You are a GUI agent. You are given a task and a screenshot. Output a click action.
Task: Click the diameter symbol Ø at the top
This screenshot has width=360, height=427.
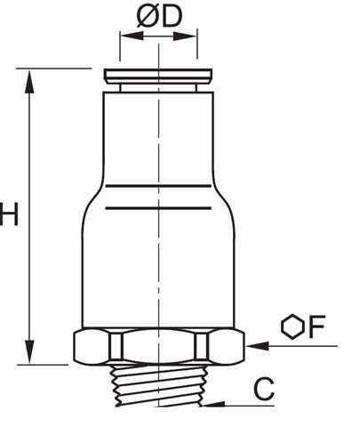click(147, 17)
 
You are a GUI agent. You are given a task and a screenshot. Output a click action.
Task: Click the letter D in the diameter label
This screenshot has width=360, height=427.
click(172, 17)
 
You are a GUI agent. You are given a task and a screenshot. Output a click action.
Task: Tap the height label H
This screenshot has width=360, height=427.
click(9, 216)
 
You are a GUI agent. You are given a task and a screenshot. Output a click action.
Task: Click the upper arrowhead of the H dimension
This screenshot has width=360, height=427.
click(32, 77)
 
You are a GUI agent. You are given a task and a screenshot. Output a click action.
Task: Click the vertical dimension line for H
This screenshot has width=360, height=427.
click(32, 213)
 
